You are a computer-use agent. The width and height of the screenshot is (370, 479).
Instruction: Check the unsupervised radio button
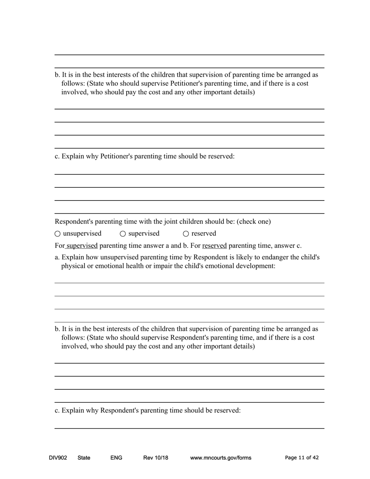tap(58, 234)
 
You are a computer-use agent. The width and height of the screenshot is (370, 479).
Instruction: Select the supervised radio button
tap(123, 234)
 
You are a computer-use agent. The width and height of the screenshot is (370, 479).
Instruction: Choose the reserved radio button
tap(186, 234)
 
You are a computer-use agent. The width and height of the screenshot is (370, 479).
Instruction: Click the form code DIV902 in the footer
tap(58, 458)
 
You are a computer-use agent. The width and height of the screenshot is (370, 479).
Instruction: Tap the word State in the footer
tap(84, 458)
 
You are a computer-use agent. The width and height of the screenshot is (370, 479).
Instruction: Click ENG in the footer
tap(116, 458)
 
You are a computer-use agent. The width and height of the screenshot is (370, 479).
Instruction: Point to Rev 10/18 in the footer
tap(155, 458)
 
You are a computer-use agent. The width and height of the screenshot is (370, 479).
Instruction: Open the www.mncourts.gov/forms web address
tap(220, 458)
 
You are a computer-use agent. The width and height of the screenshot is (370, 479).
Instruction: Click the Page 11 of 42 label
tap(301, 458)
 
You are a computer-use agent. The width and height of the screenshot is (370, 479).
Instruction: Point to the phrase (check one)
tap(254, 222)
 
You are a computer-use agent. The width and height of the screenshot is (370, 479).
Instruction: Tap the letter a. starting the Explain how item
tap(57, 257)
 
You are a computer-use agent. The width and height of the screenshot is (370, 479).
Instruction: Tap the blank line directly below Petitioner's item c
tap(189, 174)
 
